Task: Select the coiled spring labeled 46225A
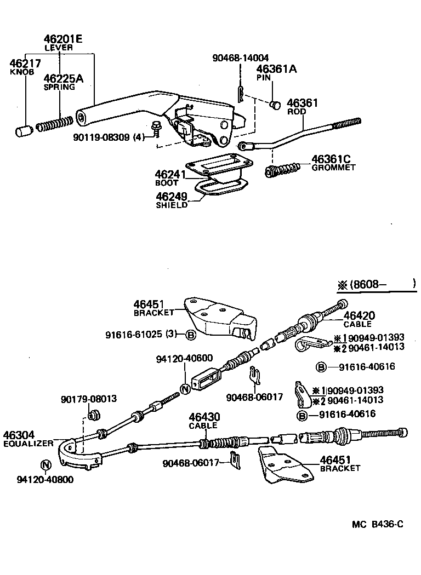click(x=54, y=124)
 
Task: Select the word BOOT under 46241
click(x=167, y=183)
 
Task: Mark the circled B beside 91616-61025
click(x=190, y=335)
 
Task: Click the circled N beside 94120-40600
click(x=185, y=389)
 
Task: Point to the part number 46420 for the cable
click(x=359, y=315)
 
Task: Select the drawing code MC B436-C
click(x=378, y=524)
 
